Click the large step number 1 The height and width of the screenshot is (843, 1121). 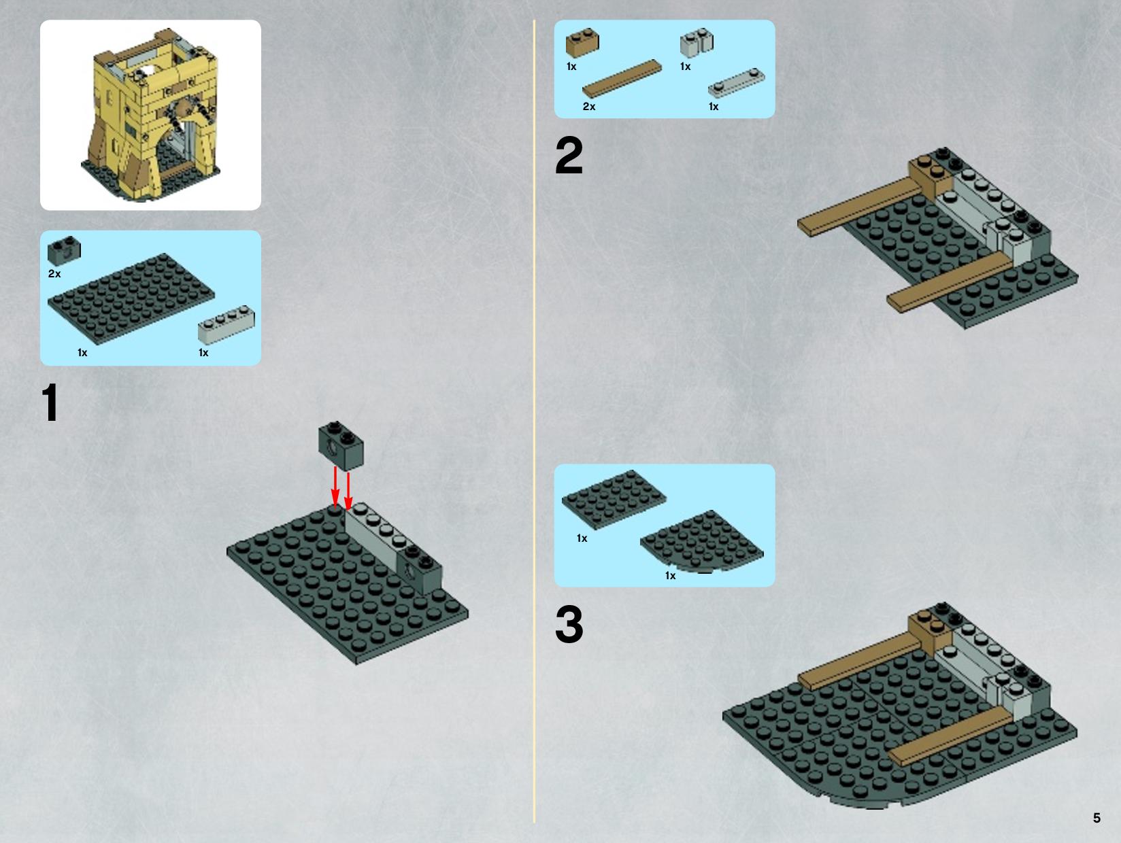click(50, 402)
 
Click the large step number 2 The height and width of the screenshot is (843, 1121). click(569, 156)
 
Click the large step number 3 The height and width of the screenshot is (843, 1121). click(569, 624)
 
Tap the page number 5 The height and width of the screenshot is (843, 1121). click(1097, 818)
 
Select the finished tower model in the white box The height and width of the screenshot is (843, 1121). click(150, 114)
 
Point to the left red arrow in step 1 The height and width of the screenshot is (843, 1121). click(335, 488)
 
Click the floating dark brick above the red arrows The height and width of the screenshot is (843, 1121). click(341, 445)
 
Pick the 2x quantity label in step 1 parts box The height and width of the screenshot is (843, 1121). click(54, 274)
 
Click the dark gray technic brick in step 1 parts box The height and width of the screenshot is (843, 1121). click(64, 250)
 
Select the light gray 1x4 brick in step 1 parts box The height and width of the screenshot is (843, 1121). click(227, 324)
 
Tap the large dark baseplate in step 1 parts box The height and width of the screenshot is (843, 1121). click(131, 298)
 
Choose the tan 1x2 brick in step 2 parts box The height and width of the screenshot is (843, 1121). click(582, 42)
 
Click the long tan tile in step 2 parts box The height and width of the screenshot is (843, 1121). click(622, 79)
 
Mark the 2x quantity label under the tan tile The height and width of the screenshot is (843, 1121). click(589, 107)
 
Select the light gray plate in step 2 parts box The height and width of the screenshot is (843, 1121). click(737, 83)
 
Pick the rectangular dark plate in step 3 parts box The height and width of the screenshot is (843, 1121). click(614, 499)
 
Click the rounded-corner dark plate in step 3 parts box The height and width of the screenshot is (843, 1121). click(702, 541)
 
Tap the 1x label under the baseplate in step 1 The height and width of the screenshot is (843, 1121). click(82, 353)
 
